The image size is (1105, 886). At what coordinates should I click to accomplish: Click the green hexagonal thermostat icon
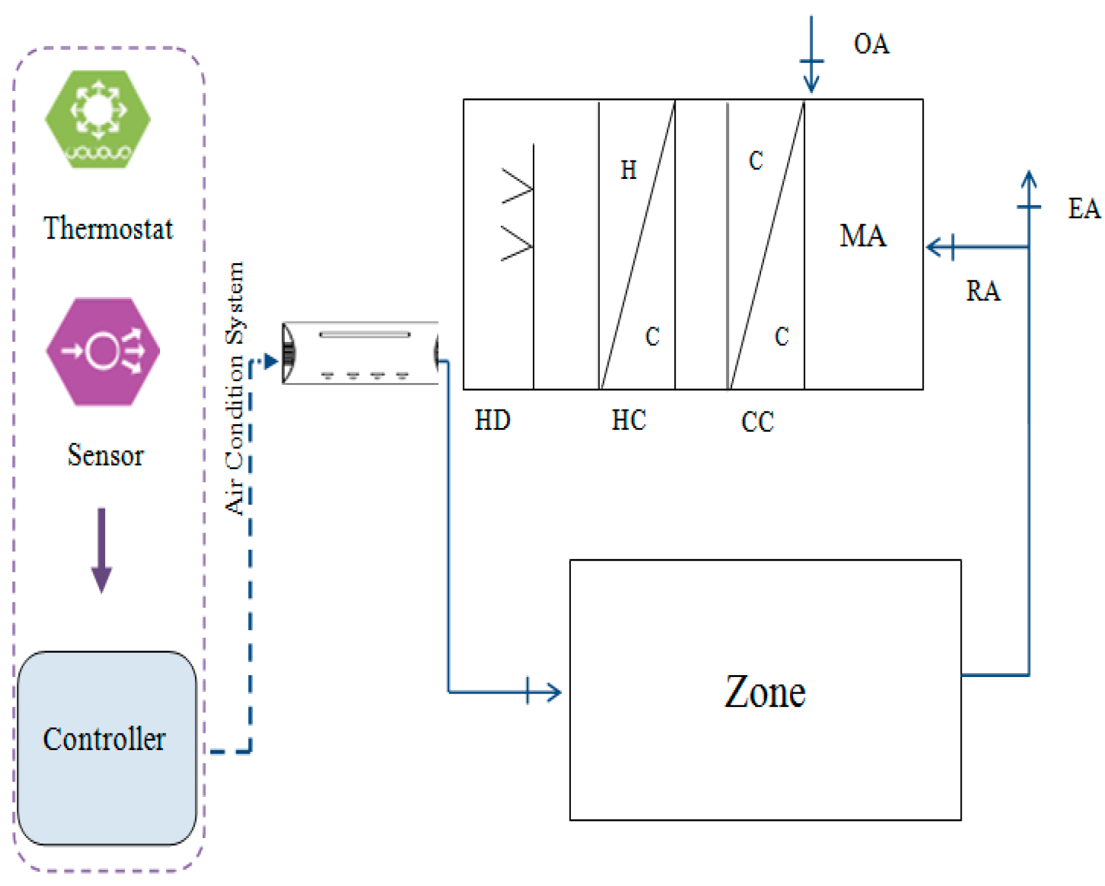pos(98,119)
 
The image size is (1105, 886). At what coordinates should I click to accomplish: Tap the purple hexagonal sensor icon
pos(103,352)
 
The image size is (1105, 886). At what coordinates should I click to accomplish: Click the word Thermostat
pos(108,229)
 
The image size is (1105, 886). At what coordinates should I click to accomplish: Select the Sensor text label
pos(105,456)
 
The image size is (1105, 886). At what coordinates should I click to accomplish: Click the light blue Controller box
pos(107,748)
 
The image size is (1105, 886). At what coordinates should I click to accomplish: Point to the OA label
pos(871,44)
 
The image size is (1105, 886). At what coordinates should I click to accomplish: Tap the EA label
pos(1083,209)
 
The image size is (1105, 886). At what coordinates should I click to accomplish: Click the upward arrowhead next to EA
pos(1029,178)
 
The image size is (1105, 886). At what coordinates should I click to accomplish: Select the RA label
pos(983,291)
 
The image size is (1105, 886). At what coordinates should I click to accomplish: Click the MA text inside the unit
pos(863,236)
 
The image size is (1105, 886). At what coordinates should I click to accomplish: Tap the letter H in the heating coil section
pos(628,170)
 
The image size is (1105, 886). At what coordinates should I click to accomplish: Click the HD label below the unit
pos(492,421)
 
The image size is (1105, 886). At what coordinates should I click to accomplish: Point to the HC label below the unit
pos(628,421)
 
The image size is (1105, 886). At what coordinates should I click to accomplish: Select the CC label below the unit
pos(757,422)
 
